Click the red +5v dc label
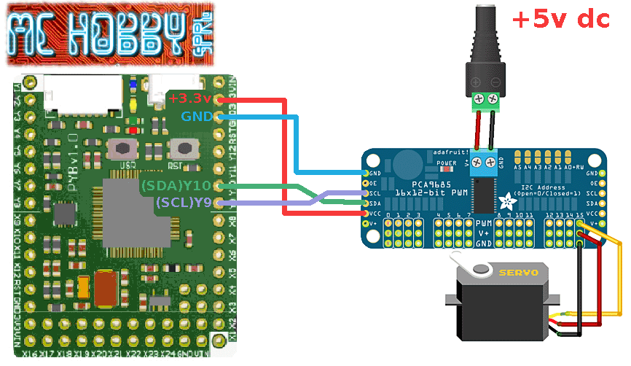pyautogui.click(x=561, y=20)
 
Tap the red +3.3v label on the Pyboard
pyautogui.click(x=189, y=98)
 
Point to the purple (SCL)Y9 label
pyautogui.click(x=183, y=203)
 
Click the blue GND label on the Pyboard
pyautogui.click(x=197, y=116)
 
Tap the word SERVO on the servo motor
pyautogui.click(x=518, y=272)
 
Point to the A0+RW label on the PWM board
pyautogui.click(x=570, y=167)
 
